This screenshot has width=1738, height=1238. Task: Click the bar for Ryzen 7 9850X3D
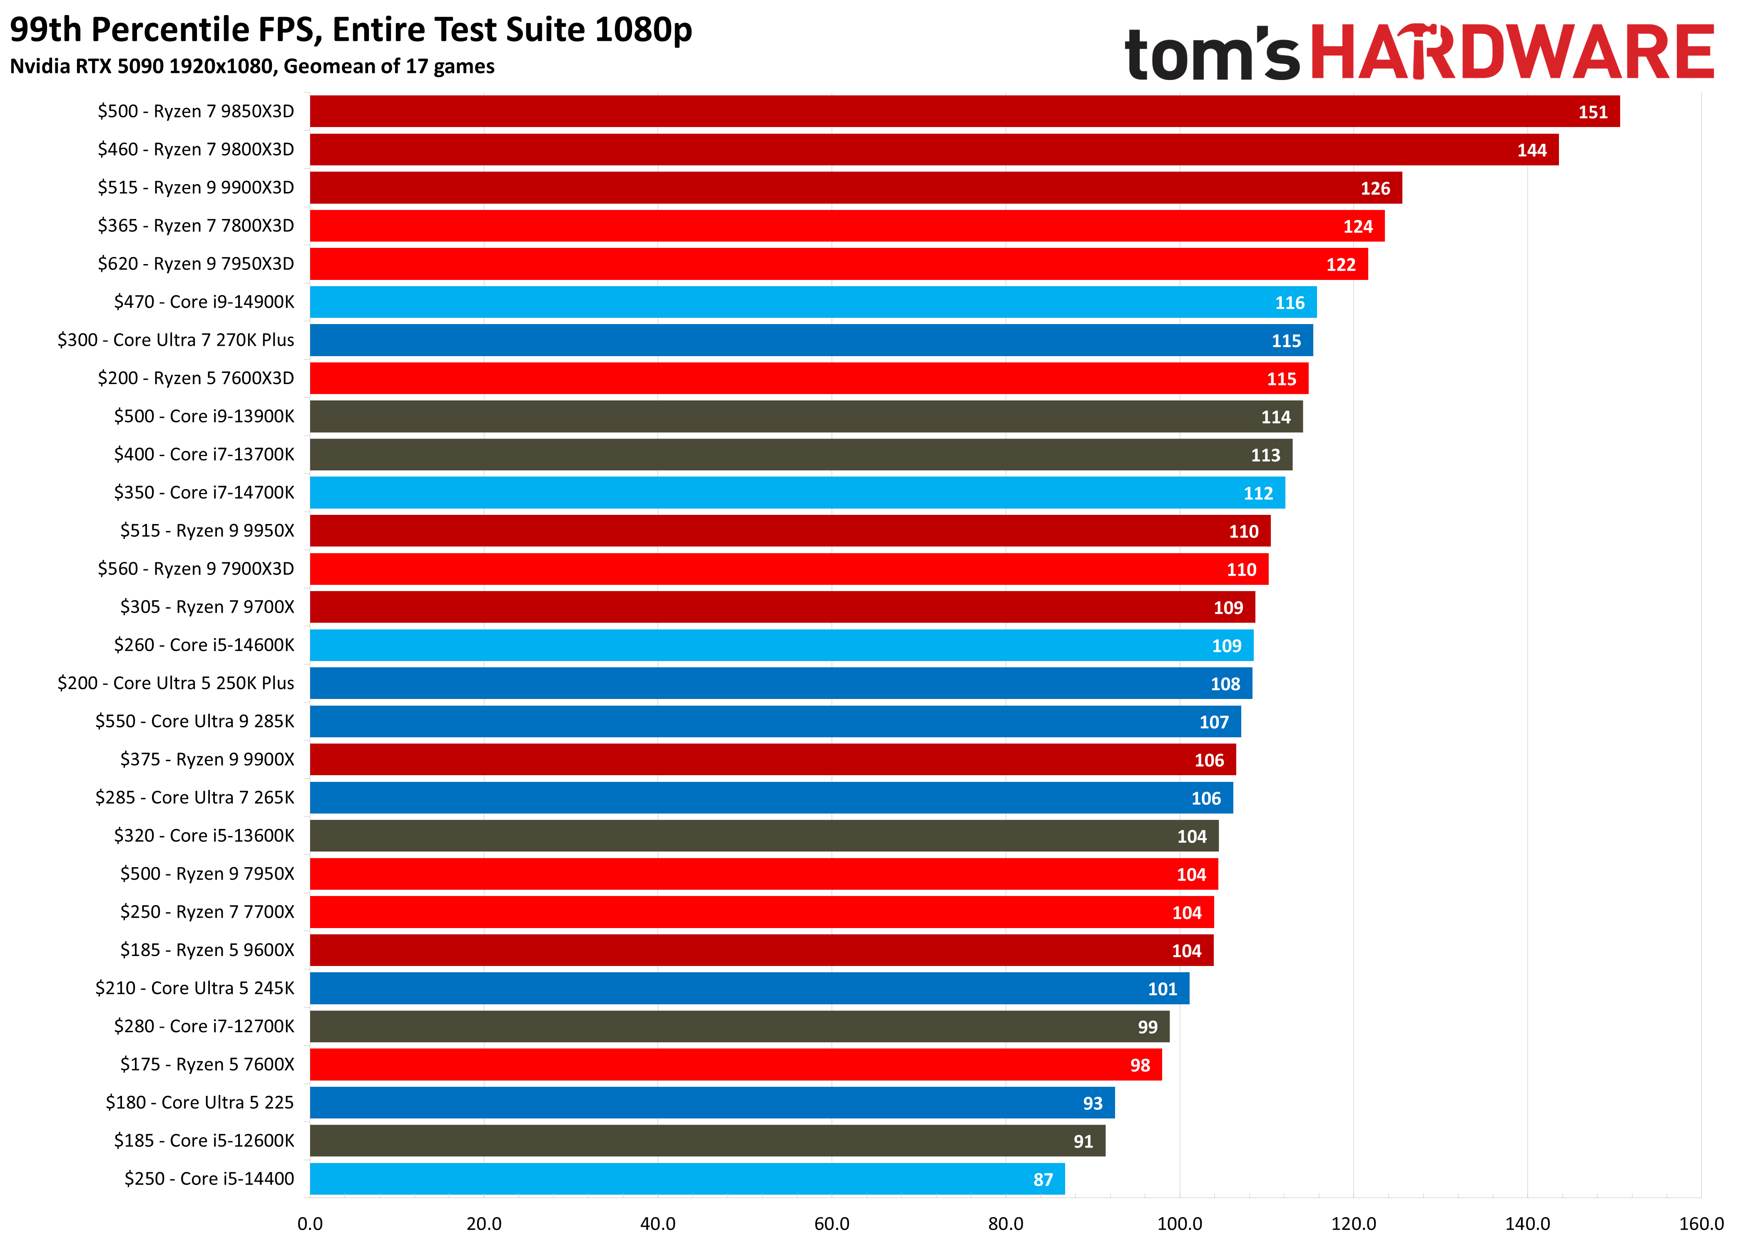(964, 111)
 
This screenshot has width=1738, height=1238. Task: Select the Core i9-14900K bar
(812, 302)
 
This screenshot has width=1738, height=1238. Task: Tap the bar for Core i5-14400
(687, 1178)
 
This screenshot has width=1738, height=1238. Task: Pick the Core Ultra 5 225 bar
(712, 1102)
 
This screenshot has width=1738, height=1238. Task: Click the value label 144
(1531, 150)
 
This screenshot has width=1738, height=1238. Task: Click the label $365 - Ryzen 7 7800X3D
(196, 226)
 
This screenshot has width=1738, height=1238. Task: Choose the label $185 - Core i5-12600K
(204, 1141)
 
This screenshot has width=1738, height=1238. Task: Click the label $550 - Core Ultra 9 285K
(195, 721)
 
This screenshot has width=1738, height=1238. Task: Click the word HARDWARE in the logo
(1512, 52)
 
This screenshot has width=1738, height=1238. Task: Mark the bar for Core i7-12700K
(739, 1026)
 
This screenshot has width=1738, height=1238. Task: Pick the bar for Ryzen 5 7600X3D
(809, 378)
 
